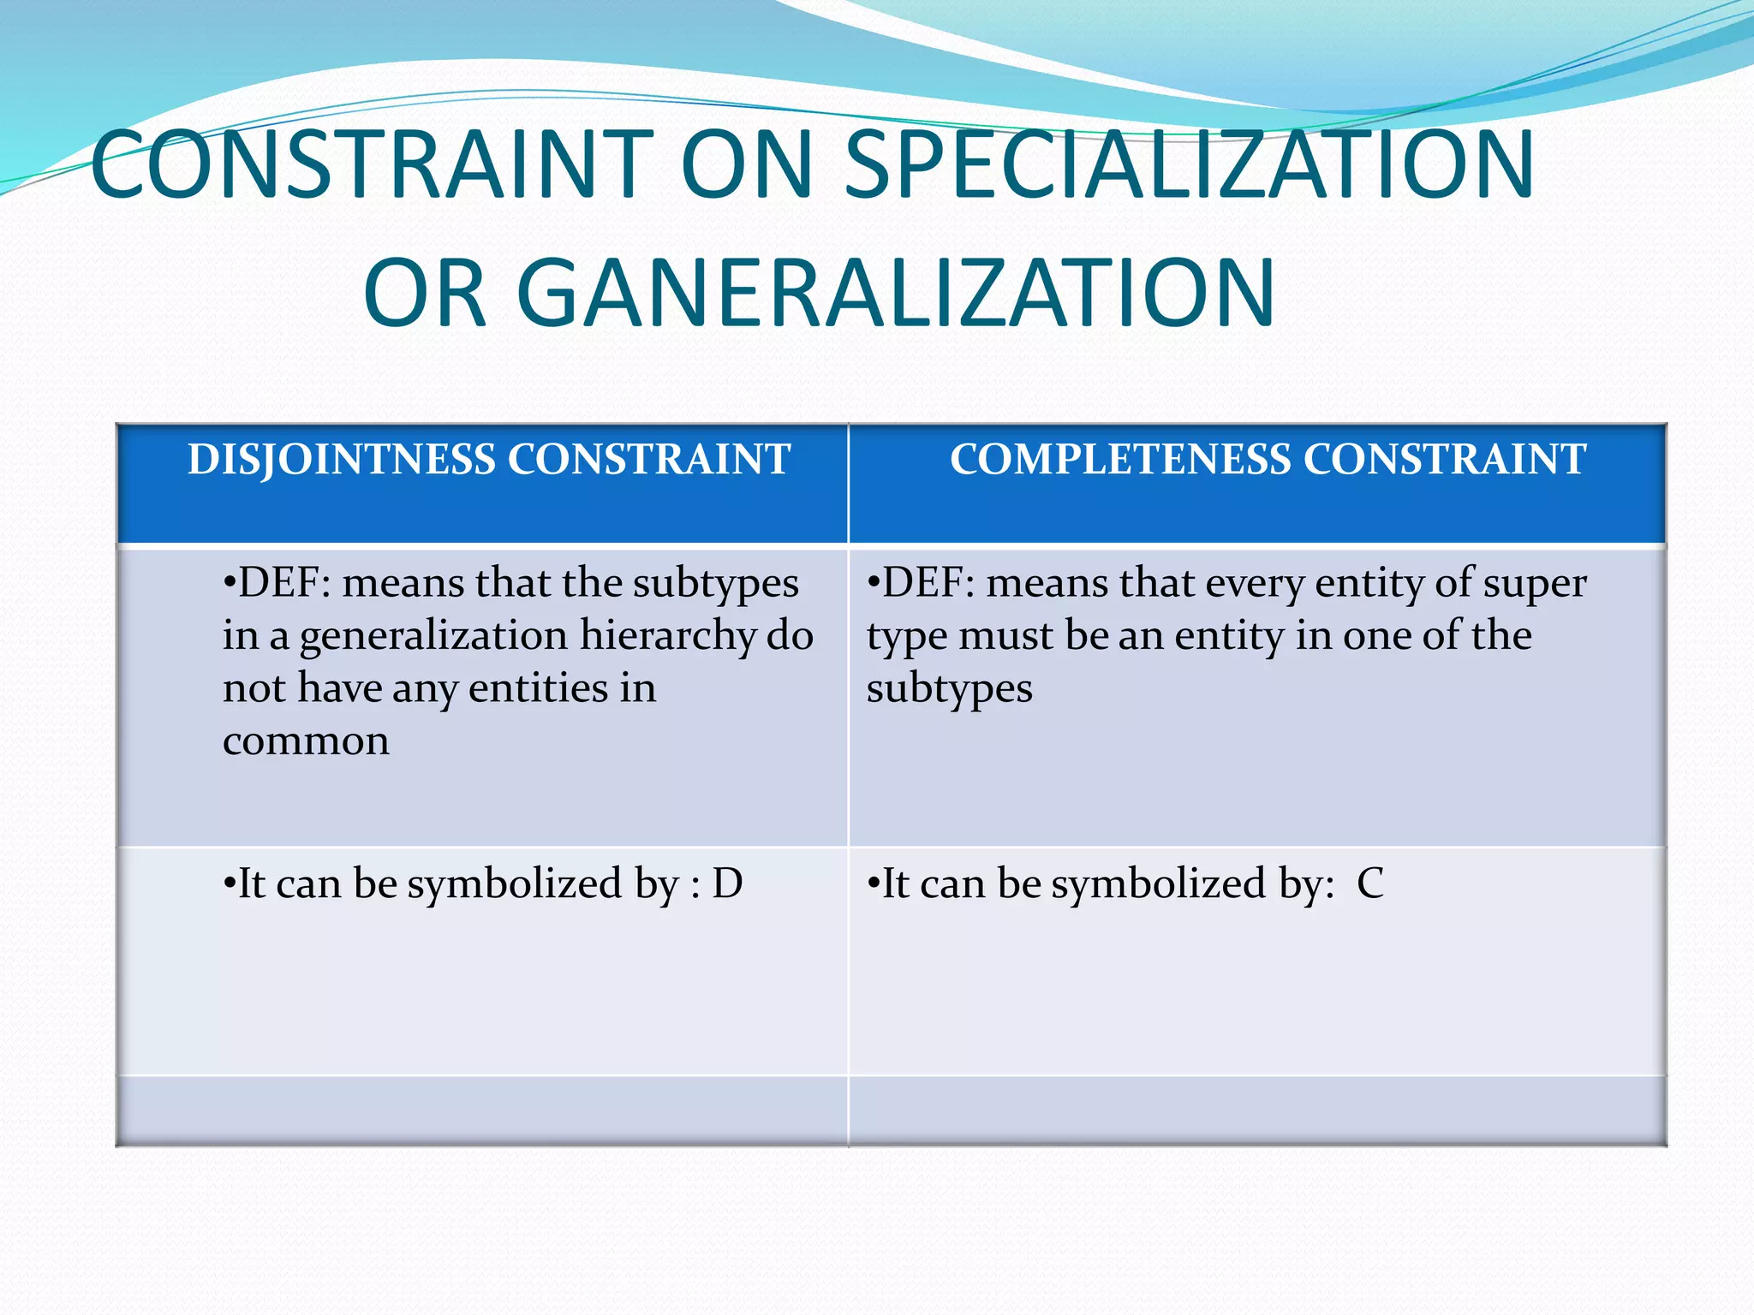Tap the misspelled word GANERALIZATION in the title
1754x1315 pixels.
(895, 293)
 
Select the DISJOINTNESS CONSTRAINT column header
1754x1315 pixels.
(488, 460)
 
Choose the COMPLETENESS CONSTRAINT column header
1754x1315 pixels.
(1268, 460)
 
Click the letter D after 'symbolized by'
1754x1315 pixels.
(727, 884)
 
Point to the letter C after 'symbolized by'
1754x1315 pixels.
(1369, 884)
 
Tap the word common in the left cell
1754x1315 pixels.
(306, 741)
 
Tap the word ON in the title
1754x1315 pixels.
(746, 164)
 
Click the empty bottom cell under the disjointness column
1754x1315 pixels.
(482, 1110)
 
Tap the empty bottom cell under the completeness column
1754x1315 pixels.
(1256, 1110)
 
